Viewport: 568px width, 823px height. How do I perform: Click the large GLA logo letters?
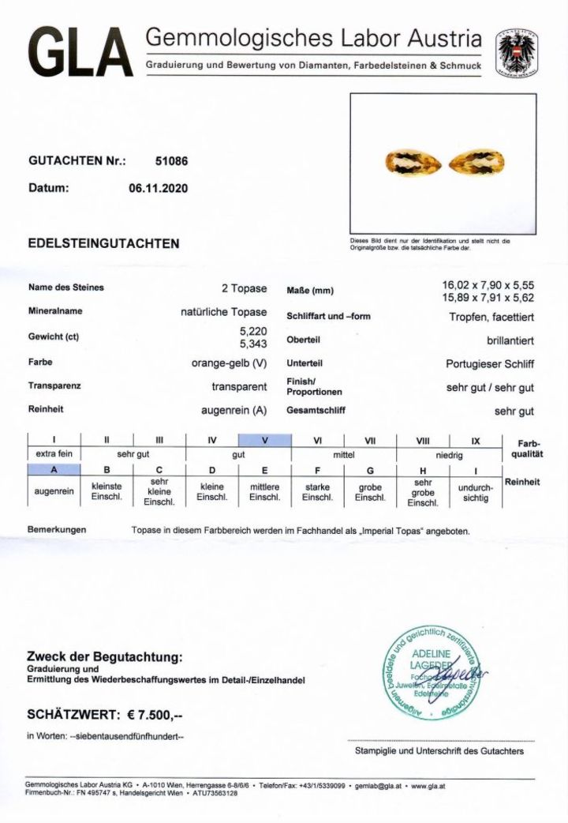(x=80, y=53)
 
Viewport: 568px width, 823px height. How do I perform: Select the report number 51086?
(x=172, y=160)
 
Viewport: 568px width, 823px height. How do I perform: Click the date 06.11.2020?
(x=159, y=188)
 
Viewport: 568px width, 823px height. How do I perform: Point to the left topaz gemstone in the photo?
(x=404, y=163)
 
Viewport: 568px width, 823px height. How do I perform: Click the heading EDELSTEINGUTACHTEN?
(x=103, y=243)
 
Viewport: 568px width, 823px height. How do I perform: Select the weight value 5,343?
(x=252, y=344)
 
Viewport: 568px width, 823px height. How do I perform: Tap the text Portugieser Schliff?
(x=490, y=364)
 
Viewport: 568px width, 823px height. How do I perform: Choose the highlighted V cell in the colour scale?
(x=264, y=441)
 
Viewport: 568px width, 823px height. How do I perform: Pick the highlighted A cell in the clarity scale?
(x=54, y=469)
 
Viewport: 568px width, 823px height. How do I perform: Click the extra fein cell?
(x=54, y=455)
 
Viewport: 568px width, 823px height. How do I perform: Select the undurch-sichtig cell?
(x=476, y=493)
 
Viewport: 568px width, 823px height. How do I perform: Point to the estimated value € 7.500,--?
(x=155, y=715)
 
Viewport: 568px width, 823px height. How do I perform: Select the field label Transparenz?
(x=54, y=387)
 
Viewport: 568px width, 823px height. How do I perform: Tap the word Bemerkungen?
(x=57, y=530)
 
